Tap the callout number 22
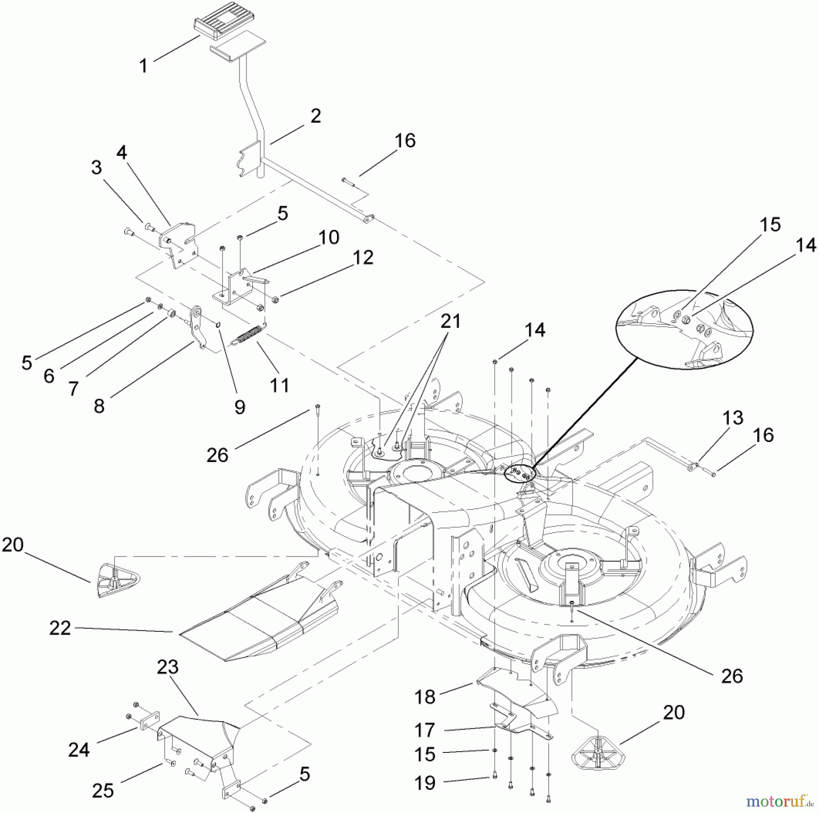click(60, 629)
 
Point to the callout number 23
click(168, 667)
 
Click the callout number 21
click(450, 321)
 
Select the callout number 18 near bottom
click(425, 697)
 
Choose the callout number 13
click(733, 418)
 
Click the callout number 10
click(329, 237)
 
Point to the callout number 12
click(363, 258)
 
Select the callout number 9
click(240, 407)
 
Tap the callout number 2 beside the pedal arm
click(315, 116)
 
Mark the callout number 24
click(79, 750)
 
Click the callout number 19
click(425, 783)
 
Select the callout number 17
click(425, 730)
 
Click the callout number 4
click(121, 153)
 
